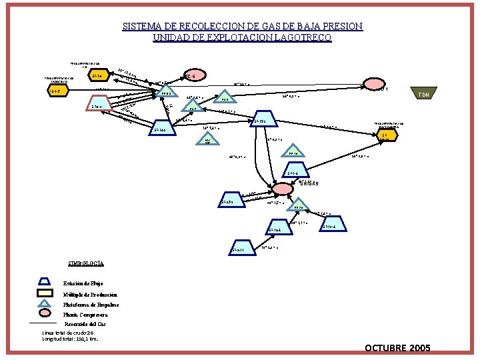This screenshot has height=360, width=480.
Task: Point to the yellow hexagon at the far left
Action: point(58,91)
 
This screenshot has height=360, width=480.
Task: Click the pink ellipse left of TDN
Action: point(371,87)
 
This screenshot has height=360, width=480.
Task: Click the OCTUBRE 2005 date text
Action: point(397,348)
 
